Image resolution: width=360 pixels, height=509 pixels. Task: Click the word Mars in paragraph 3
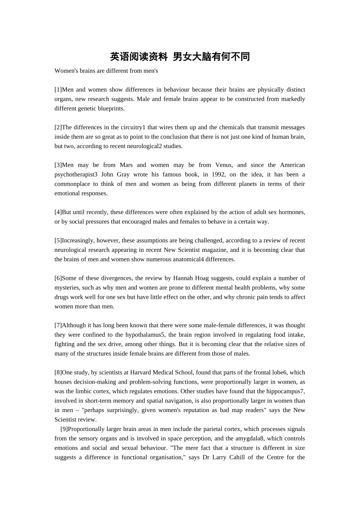tap(126, 165)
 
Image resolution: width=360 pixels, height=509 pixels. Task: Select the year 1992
tap(219, 175)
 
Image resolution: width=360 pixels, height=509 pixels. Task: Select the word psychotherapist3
tap(76, 175)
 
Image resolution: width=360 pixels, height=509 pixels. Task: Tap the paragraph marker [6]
tap(58, 278)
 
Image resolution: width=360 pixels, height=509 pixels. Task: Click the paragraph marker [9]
tap(64, 429)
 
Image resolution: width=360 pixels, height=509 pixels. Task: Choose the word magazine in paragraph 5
tap(216, 250)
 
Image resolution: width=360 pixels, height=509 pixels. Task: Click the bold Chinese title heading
tap(180, 57)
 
